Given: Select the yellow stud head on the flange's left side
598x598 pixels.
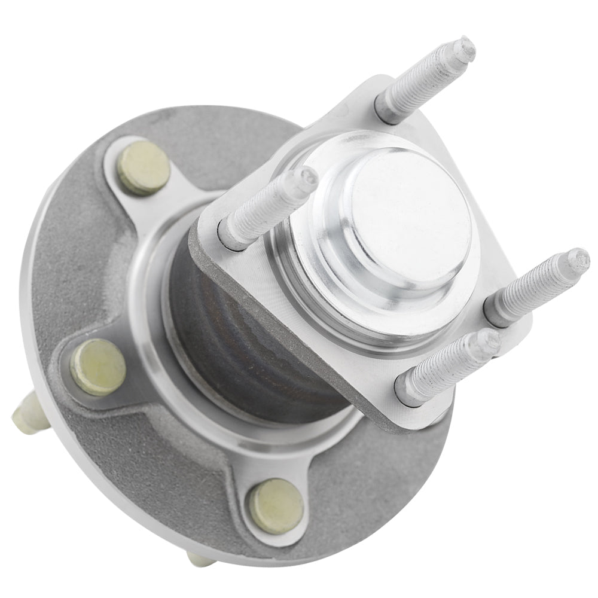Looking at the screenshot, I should (98, 367).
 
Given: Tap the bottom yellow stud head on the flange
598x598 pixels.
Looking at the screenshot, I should (276, 505).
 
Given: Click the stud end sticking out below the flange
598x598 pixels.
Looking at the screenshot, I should (201, 560).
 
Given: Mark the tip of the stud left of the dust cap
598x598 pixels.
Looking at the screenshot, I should (308, 177).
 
